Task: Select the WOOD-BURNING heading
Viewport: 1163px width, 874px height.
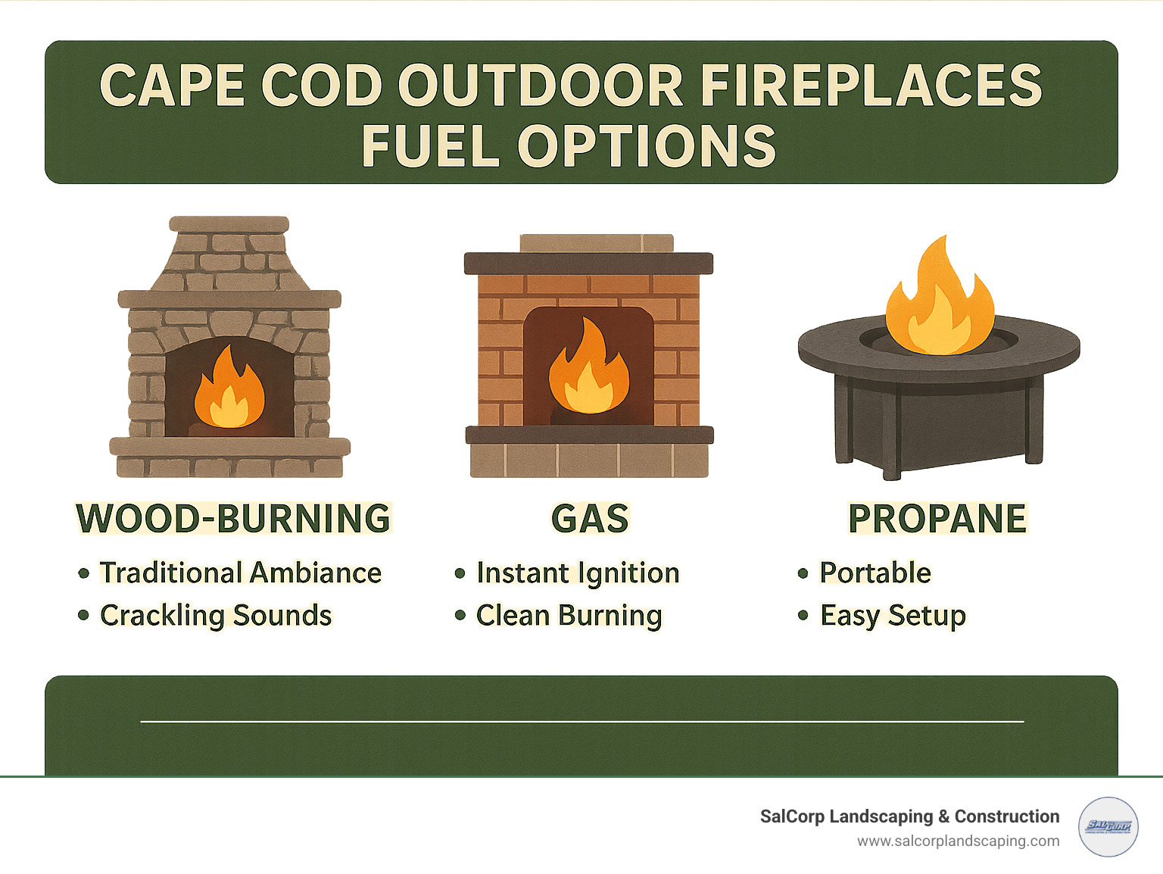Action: [x=233, y=519]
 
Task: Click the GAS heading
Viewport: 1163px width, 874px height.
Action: [x=590, y=519]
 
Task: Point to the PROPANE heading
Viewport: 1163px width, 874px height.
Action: [x=937, y=519]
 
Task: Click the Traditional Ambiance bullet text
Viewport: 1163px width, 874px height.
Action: [x=241, y=573]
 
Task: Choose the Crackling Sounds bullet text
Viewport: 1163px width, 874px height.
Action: [x=216, y=615]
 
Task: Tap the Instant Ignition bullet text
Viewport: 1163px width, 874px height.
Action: [x=578, y=573]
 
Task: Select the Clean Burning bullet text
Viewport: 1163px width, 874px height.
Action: [x=569, y=615]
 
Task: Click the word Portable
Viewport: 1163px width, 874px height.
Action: [x=875, y=573]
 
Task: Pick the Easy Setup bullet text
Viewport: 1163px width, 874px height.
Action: [x=893, y=615]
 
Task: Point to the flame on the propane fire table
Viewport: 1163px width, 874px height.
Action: [x=940, y=303]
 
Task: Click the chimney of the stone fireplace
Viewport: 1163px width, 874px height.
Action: [x=229, y=258]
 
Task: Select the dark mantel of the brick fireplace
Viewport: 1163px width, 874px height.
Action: [x=588, y=263]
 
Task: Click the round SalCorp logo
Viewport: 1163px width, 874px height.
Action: [x=1108, y=827]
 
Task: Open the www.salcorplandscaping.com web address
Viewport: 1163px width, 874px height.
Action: [x=958, y=841]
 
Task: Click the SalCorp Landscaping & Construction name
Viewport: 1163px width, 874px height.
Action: [x=909, y=816]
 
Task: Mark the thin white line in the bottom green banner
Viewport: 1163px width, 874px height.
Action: [x=581, y=722]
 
